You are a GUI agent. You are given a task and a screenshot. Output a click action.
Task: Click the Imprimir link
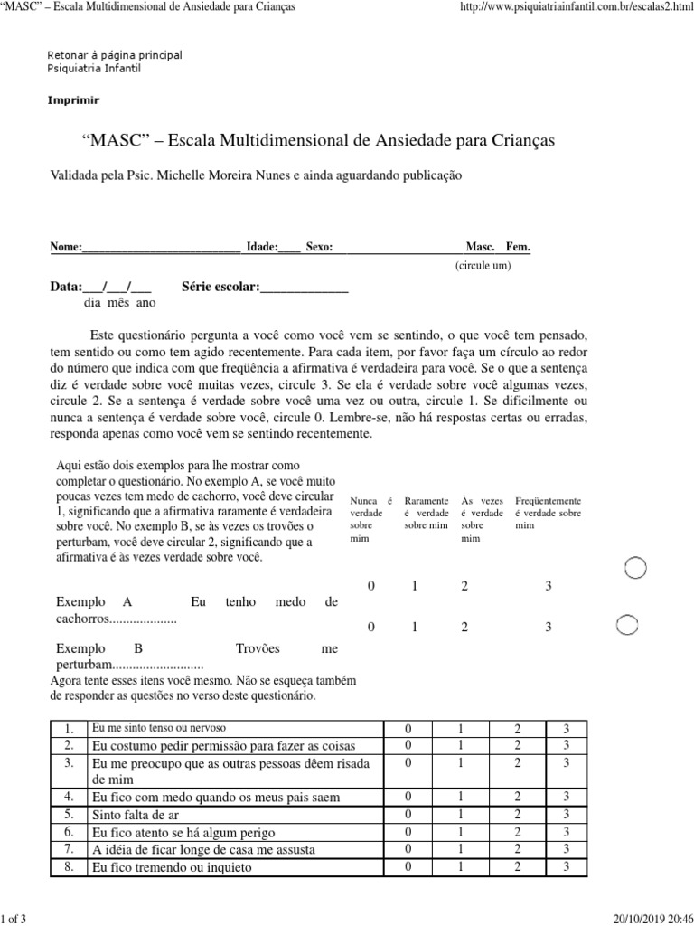tap(73, 100)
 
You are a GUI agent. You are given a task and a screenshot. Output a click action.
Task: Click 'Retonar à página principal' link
tap(114, 55)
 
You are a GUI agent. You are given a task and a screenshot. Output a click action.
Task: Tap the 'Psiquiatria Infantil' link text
tap(94, 69)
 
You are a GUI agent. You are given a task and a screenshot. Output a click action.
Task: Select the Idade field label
tap(262, 247)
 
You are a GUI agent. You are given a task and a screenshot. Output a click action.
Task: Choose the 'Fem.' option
tap(518, 247)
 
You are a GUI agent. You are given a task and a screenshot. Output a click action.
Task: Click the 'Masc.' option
tap(480, 247)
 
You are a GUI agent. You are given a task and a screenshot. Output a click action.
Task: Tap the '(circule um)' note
tap(483, 267)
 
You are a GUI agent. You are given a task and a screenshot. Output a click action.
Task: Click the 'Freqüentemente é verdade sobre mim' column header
tap(548, 513)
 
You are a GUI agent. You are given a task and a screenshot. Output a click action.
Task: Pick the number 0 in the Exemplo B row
tap(370, 626)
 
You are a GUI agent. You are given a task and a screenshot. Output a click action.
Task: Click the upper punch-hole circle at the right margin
tap(636, 568)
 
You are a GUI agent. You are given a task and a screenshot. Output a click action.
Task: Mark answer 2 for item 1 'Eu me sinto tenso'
tap(518, 729)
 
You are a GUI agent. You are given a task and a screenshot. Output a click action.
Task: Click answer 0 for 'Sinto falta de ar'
tap(408, 814)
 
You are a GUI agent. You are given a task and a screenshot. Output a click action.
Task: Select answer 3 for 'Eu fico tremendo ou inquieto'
tap(566, 867)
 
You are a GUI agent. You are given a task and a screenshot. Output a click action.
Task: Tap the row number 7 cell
tap(68, 849)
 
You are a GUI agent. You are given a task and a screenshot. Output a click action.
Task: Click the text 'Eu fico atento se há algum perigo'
tap(184, 832)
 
